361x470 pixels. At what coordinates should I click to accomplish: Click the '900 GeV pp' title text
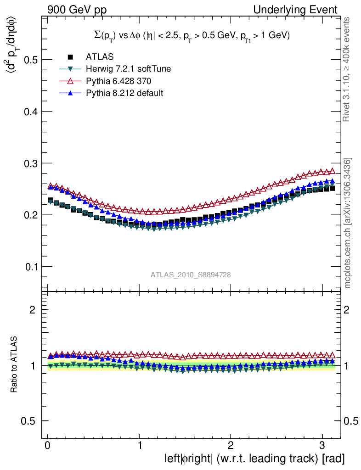click(77, 10)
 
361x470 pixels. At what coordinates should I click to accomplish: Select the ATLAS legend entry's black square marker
click(70, 57)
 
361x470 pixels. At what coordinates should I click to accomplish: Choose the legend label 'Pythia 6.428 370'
click(118, 81)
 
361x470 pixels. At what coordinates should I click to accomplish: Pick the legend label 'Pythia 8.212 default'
click(124, 93)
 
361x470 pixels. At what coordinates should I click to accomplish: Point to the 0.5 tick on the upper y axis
click(30, 60)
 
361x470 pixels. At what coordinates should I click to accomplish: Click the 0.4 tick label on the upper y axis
click(30, 112)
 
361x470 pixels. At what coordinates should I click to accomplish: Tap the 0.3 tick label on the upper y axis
click(30, 163)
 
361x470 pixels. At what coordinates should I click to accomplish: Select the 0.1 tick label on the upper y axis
click(30, 267)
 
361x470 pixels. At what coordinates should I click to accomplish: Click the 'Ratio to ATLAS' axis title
click(15, 364)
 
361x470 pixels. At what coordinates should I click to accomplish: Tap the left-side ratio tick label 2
click(32, 309)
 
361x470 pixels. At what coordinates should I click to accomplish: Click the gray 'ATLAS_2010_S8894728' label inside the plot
click(191, 274)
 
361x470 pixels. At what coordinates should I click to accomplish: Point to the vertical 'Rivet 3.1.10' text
click(347, 69)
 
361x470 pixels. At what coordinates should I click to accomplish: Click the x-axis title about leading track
click(254, 459)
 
